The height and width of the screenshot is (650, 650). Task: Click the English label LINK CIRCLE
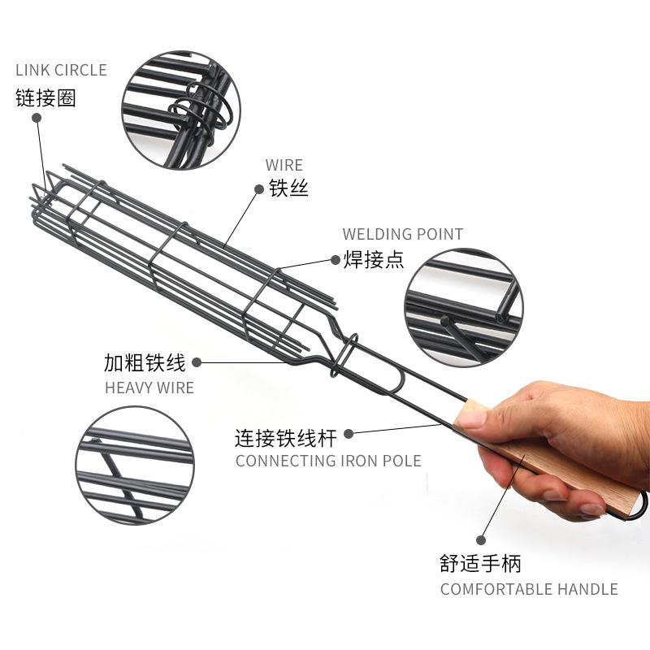pyautogui.click(x=61, y=71)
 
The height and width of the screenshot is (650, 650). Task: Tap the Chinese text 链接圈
pyautogui.click(x=45, y=98)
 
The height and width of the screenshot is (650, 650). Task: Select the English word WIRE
pyautogui.click(x=284, y=166)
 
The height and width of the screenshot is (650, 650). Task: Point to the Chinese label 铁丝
pyautogui.click(x=289, y=189)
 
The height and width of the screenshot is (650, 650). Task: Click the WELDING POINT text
pyautogui.click(x=402, y=235)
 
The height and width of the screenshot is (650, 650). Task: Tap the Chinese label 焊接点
pyautogui.click(x=373, y=260)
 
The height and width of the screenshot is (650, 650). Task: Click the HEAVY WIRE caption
pyautogui.click(x=149, y=388)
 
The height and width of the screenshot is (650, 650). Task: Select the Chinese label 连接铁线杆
pyautogui.click(x=285, y=439)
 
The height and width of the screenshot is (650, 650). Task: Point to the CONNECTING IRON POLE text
pyautogui.click(x=328, y=461)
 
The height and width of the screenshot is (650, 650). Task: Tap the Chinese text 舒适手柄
pyautogui.click(x=480, y=563)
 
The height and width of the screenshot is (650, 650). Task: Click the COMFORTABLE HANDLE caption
pyautogui.click(x=529, y=590)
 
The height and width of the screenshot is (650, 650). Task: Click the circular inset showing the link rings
pyautogui.click(x=181, y=110)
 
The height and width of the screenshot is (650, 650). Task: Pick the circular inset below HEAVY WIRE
pyautogui.click(x=135, y=466)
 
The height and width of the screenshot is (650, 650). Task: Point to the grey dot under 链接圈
pyautogui.click(x=37, y=118)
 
